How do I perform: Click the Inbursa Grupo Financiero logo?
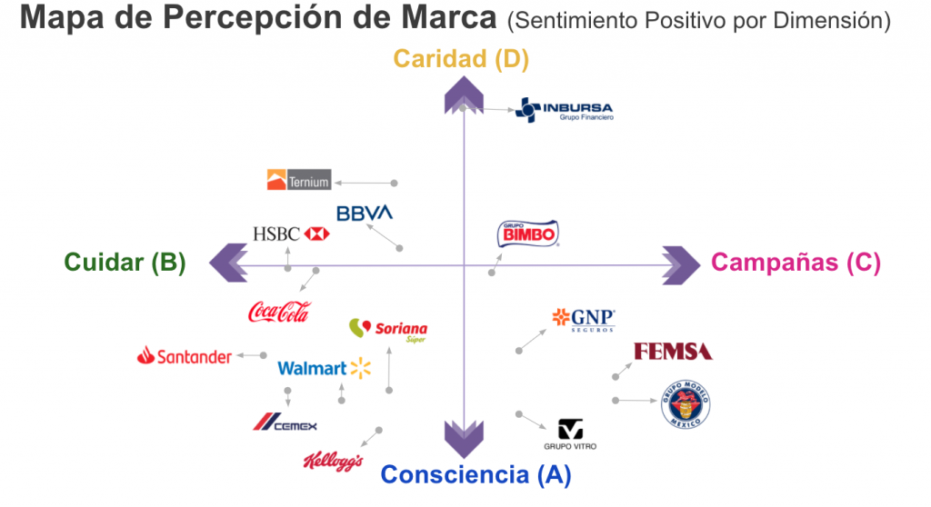[564, 110]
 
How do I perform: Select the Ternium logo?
[298, 180]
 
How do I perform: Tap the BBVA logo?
[364, 214]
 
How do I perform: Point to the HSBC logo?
[290, 234]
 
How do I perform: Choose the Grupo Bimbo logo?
[527, 234]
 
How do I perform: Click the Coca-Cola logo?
[279, 312]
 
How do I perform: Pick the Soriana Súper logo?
[388, 330]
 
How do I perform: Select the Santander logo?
[185, 357]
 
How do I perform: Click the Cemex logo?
[285, 422]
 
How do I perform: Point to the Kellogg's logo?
[333, 461]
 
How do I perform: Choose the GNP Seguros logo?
[584, 319]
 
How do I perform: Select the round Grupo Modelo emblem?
[686, 405]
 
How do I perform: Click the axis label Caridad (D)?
[461, 60]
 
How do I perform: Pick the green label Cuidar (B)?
[125, 263]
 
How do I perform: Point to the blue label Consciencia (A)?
[476, 474]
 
